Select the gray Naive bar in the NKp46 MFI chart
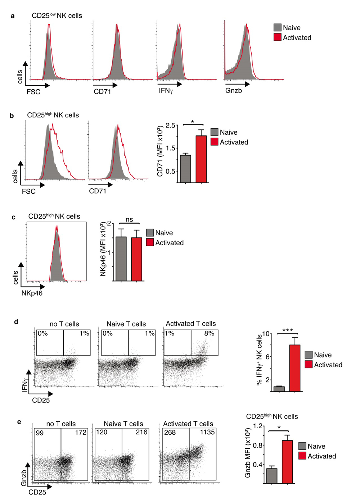point(121,259)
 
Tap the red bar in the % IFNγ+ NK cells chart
point(295,368)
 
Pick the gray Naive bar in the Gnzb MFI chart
point(272,475)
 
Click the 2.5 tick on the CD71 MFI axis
point(170,125)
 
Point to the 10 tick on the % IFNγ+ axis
point(266,333)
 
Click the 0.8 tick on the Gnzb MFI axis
point(257,445)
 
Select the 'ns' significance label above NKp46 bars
point(129,219)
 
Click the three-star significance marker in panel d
point(287,330)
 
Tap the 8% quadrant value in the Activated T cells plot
point(209,333)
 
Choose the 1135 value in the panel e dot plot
point(207,432)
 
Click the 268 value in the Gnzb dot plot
point(170,432)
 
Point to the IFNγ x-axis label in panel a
point(166,91)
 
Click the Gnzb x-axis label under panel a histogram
point(234,91)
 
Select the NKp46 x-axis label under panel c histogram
point(32,293)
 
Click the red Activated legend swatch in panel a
point(277,37)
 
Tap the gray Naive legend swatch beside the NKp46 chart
point(150,233)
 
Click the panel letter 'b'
point(12,116)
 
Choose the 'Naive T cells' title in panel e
point(123,424)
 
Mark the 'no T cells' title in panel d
point(64,324)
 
